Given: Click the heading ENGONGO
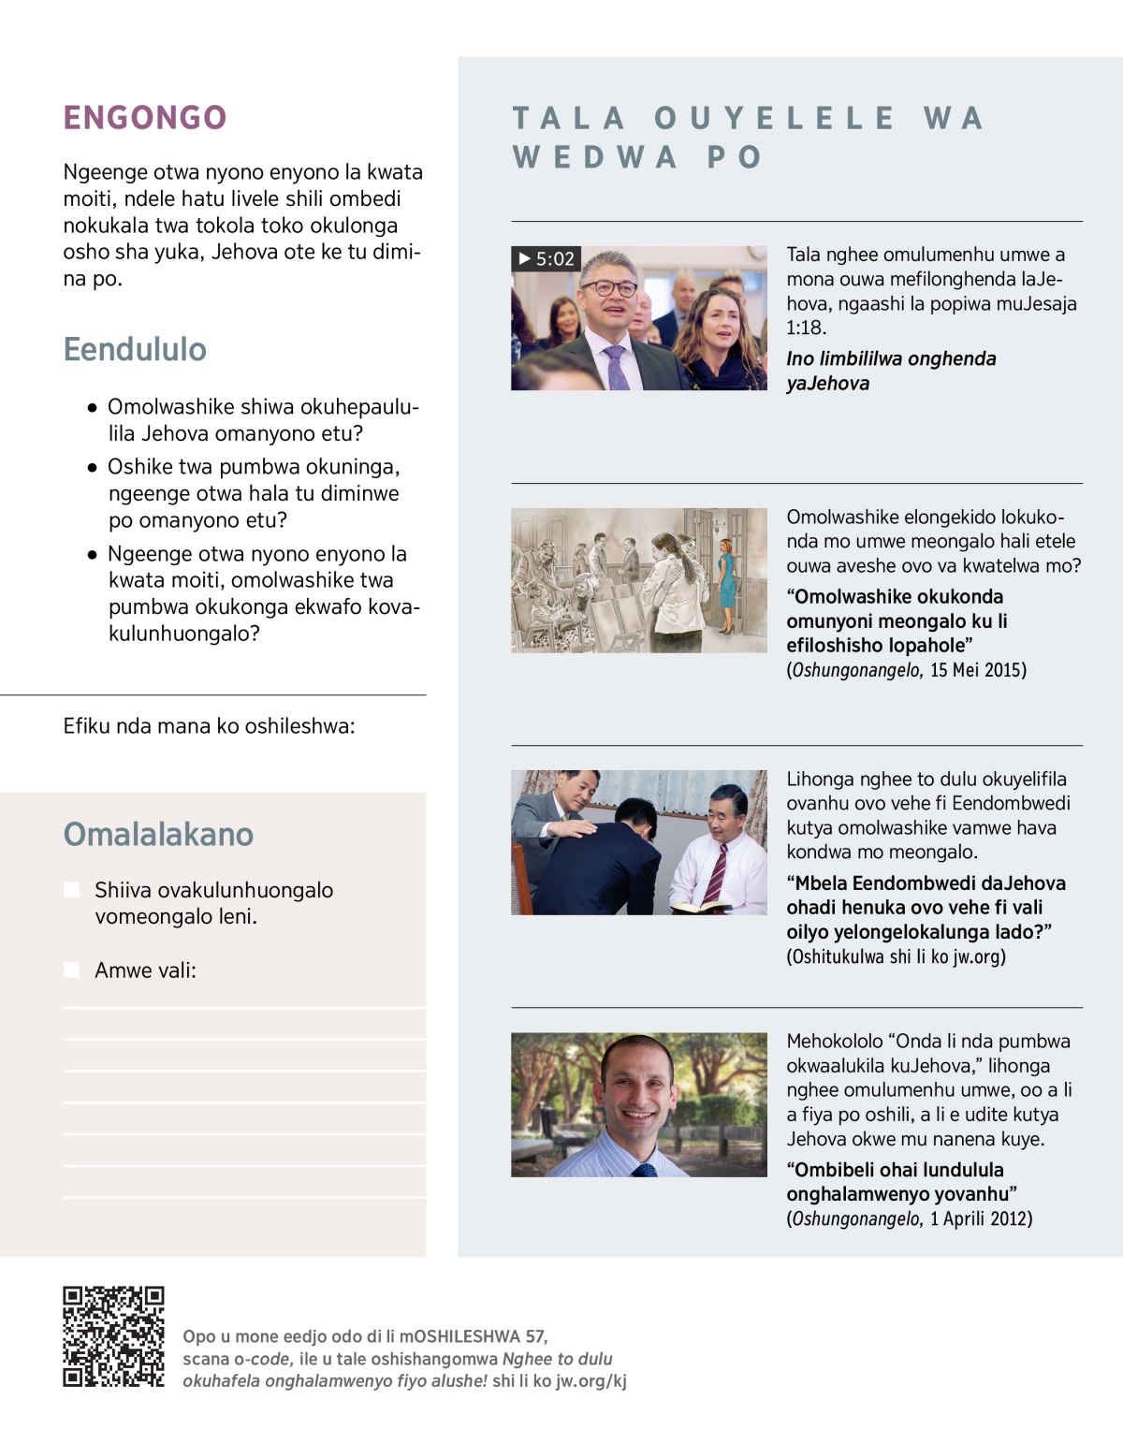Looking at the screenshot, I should tap(145, 118).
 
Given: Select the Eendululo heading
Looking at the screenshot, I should tap(135, 349).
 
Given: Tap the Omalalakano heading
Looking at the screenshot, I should tap(158, 834).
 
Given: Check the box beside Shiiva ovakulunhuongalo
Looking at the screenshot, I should tap(72, 890).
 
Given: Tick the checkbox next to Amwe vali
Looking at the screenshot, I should tap(72, 970).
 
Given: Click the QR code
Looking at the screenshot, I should tap(113, 1336).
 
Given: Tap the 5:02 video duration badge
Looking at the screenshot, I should tap(547, 259).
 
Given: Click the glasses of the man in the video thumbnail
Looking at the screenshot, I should tap(608, 287).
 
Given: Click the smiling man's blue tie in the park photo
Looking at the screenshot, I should tap(644, 1170).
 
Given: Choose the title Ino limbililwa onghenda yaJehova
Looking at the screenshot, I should tap(890, 371).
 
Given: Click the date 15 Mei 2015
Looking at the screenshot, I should tap(978, 670).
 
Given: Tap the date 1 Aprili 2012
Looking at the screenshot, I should tap(981, 1218).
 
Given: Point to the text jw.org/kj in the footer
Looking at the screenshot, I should tap(591, 1381).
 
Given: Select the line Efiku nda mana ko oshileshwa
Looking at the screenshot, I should tap(209, 726).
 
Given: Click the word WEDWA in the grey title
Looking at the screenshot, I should tap(595, 157).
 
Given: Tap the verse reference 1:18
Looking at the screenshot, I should tap(806, 328).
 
